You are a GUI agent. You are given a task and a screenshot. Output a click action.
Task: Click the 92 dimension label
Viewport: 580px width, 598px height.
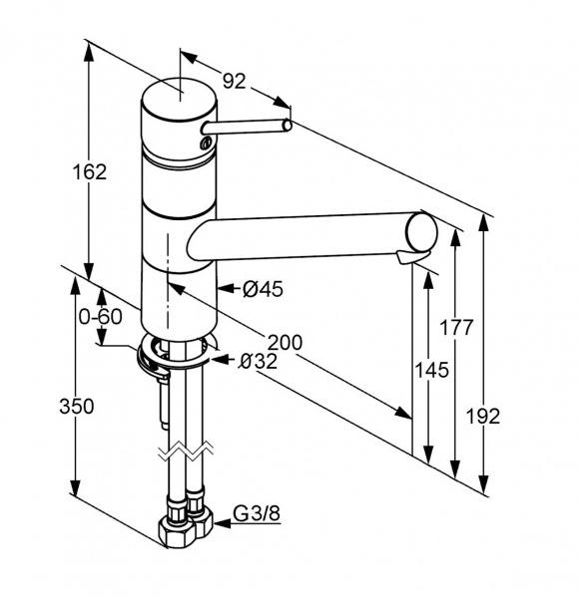click(x=234, y=81)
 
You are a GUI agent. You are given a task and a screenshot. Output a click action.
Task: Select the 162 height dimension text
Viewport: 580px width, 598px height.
click(x=90, y=172)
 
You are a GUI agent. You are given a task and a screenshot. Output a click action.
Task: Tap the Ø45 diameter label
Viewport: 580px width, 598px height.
click(x=263, y=289)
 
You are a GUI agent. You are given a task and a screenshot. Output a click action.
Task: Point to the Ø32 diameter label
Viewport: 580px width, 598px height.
click(x=258, y=361)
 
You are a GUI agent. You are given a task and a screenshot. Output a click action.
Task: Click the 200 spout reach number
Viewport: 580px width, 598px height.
click(x=285, y=342)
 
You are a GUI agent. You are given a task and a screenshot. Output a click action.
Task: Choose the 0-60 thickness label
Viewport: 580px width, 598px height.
click(x=101, y=317)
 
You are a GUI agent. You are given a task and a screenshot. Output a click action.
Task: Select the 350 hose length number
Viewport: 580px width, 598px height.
click(x=77, y=407)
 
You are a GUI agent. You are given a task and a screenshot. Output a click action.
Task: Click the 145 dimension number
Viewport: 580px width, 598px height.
click(x=431, y=370)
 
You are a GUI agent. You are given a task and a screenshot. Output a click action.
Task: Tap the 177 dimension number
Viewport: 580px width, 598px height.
click(x=456, y=327)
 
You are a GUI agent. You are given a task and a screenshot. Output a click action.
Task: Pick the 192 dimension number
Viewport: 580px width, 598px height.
click(x=483, y=416)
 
